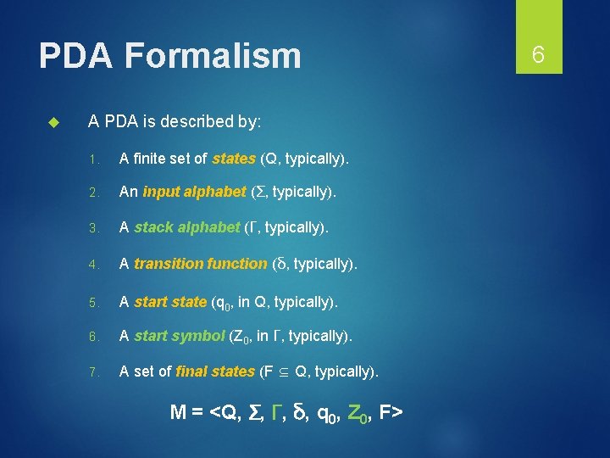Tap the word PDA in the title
coord(77,57)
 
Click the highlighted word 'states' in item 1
coord(234,158)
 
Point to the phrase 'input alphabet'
coord(194,192)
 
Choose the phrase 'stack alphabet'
coord(187,227)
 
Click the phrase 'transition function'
coord(200,264)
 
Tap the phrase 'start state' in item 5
coord(170,301)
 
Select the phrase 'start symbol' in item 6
coord(180,336)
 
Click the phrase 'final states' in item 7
coord(215,371)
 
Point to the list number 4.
coord(97,265)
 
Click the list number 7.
coord(97,372)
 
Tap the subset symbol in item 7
coord(283,372)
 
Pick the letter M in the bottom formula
coord(179,412)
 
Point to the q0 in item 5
coord(223,303)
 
